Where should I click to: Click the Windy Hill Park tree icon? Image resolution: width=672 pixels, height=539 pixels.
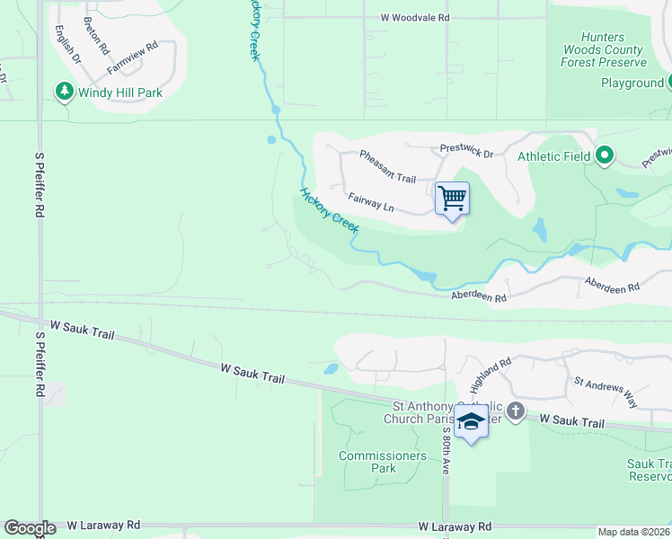(x=64, y=92)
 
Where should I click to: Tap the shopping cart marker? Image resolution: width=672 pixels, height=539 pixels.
(x=452, y=198)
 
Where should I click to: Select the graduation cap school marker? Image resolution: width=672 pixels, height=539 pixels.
(x=471, y=422)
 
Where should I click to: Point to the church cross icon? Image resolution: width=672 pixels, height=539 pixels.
(x=515, y=411)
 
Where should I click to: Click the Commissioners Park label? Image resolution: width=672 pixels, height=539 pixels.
(x=383, y=462)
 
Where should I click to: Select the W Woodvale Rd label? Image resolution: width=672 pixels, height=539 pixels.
(x=414, y=17)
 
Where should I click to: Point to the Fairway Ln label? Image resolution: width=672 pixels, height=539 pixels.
(x=371, y=200)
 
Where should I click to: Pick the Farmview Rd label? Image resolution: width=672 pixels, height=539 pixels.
(x=132, y=57)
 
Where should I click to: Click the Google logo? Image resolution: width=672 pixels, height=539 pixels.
(x=29, y=528)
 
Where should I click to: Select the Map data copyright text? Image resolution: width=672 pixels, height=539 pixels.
(x=632, y=532)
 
